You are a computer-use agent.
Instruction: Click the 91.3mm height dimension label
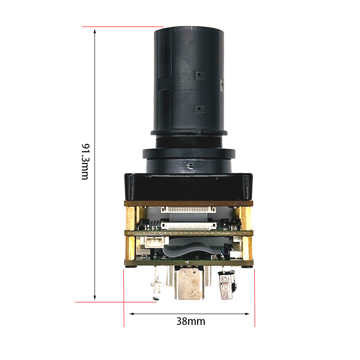pos(85,162)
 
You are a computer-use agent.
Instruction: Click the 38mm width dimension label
pos(190,321)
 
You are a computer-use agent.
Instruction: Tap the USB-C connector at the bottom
pos(189,283)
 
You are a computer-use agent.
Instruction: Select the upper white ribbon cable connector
pos(188,209)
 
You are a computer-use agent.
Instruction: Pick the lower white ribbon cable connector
pos(189,226)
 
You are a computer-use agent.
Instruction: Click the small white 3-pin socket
pos(154,243)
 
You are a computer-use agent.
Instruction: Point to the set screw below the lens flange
pos(190,166)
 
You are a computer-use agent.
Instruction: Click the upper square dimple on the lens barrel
pos(199,75)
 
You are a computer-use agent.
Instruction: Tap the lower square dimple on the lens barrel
pos(199,108)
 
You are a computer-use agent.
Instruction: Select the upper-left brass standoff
pos(130,218)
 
